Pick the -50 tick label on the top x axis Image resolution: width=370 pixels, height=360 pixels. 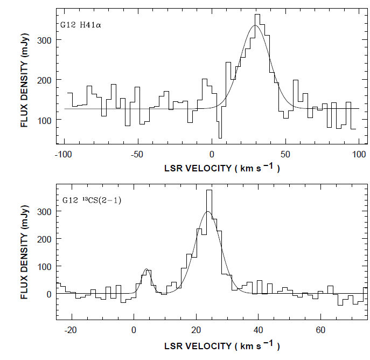tap(137, 154)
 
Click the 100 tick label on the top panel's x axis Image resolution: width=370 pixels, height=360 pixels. tap(359, 154)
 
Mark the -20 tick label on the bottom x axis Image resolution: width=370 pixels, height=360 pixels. tap(71, 329)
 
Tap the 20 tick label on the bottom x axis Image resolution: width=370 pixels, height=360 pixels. tap(196, 329)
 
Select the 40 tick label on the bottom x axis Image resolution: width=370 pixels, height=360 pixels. tap(259, 329)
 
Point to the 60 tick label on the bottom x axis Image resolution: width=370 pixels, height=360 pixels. tap(321, 329)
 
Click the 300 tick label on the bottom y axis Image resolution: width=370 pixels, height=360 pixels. tap(47, 212)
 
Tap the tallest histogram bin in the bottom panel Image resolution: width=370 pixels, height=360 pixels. tap(209, 191)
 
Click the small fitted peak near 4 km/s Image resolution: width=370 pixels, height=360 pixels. tap(146, 269)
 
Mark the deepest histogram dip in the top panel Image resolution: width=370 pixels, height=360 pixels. tap(220, 137)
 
